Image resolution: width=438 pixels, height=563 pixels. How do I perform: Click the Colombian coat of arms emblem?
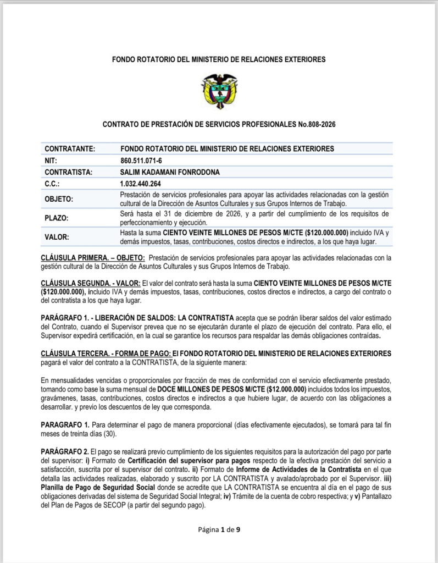tap(219, 91)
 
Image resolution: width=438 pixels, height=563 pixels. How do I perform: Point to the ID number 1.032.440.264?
tap(141, 184)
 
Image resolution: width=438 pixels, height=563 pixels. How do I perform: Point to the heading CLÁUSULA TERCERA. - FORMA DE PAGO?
tap(107, 352)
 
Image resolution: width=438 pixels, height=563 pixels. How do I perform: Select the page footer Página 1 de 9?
tap(219, 530)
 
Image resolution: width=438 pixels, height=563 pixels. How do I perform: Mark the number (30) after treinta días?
tap(119, 432)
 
